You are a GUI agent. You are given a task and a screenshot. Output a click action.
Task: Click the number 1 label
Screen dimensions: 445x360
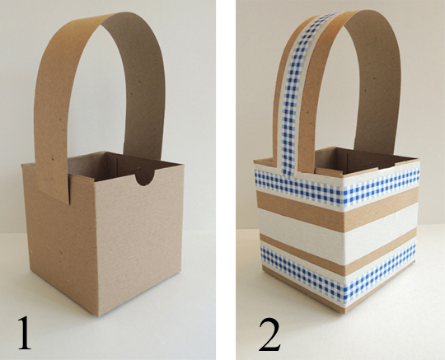coord(25,333)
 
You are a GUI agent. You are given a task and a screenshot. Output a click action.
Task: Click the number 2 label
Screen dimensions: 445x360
coord(269,334)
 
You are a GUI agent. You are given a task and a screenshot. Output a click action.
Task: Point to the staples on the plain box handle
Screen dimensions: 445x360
coord(49,180)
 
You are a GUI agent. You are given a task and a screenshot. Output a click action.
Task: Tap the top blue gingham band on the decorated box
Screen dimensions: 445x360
coord(338,186)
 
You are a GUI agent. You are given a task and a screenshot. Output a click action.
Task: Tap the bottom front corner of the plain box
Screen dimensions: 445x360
coord(99,316)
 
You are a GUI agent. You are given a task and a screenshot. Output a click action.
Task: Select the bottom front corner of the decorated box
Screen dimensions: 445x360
coord(344,313)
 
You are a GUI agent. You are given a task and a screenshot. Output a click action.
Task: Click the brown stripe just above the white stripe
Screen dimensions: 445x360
coord(338,207)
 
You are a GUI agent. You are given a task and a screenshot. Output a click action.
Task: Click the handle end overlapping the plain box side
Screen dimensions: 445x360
coord(53,181)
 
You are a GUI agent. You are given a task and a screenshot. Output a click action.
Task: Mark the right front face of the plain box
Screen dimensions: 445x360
coord(139,241)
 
